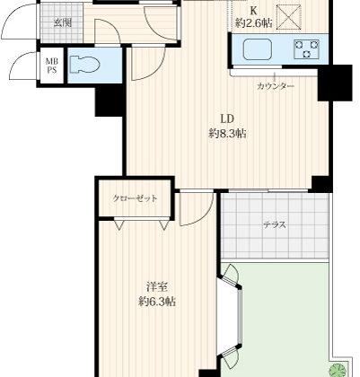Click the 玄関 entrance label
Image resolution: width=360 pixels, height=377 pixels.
click(x=63, y=23)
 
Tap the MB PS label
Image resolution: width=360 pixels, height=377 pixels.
click(x=52, y=66)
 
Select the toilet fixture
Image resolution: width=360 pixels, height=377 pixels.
click(x=84, y=66)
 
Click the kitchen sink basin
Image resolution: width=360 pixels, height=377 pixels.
click(x=258, y=49)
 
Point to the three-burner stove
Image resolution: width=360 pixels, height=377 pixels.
click(x=306, y=49)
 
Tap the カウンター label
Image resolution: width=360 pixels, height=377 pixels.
click(x=276, y=86)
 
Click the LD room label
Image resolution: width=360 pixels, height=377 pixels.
click(x=227, y=119)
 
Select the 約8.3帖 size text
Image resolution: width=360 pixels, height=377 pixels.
click(x=227, y=134)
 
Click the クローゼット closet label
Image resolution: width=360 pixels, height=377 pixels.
click(x=135, y=198)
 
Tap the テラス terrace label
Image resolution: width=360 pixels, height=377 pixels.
click(x=275, y=224)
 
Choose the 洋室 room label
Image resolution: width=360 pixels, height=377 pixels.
click(x=157, y=287)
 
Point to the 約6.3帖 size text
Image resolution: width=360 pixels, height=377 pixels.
click(x=157, y=302)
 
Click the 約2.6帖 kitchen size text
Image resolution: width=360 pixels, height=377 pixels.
click(x=254, y=23)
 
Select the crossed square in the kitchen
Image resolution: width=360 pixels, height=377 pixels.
click(x=289, y=17)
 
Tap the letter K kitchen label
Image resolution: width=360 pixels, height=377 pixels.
click(x=253, y=11)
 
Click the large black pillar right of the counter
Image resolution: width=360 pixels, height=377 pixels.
click(x=335, y=83)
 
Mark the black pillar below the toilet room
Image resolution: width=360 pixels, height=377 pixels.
click(x=109, y=101)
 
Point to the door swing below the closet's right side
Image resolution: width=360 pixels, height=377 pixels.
click(x=197, y=208)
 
